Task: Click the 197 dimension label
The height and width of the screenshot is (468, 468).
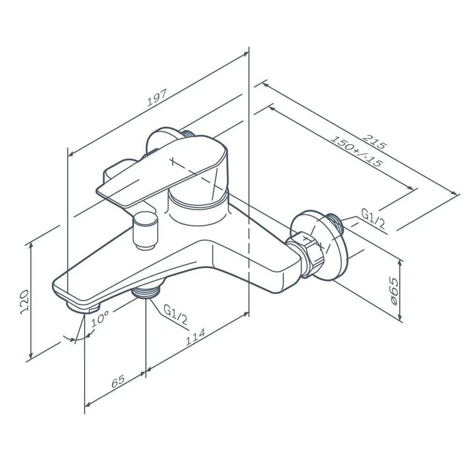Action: click(x=156, y=98)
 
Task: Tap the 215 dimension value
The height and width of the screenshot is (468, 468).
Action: click(x=374, y=142)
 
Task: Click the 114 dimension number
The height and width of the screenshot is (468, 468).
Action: click(x=196, y=336)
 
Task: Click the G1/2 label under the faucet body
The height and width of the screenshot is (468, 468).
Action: click(x=175, y=315)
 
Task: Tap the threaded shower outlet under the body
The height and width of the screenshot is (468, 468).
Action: click(x=146, y=291)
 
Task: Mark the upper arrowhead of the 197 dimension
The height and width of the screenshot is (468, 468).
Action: click(x=246, y=53)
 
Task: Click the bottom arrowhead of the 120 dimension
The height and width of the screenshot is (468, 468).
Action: click(x=30, y=356)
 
